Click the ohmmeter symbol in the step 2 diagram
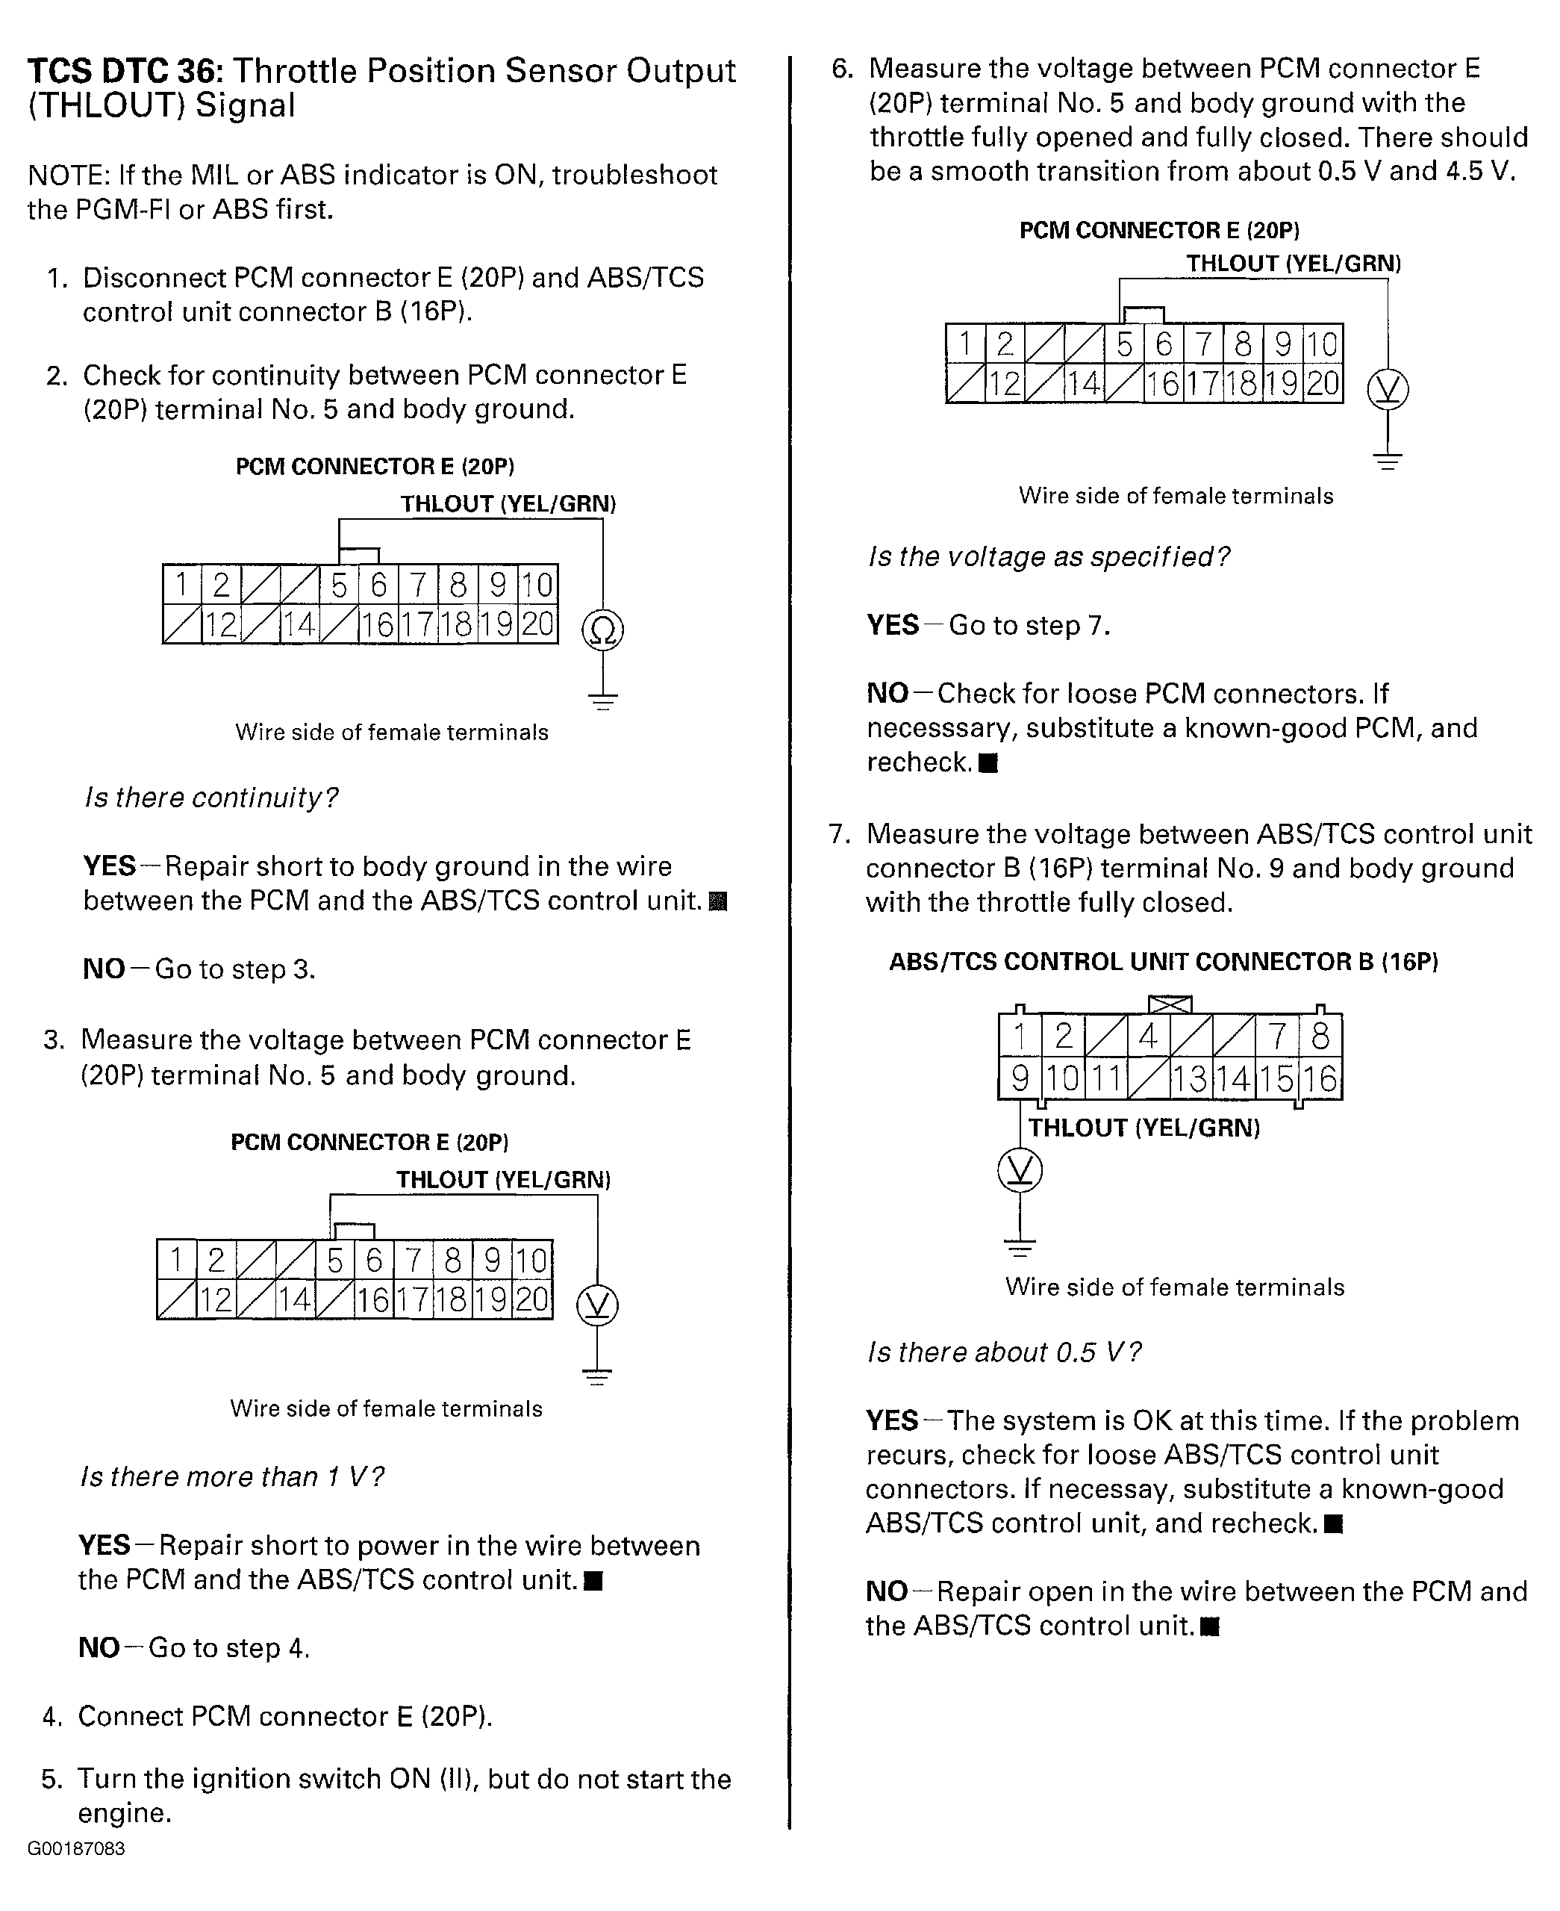coord(603,630)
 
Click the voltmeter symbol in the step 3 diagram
coord(598,1305)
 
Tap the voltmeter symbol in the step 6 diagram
coord(1388,390)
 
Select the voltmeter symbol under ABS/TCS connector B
coord(1020,1170)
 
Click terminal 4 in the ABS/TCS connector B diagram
coord(1147,1037)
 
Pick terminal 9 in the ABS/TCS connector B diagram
coord(1020,1078)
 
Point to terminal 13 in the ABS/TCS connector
coord(1190,1078)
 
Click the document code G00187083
coord(76,1849)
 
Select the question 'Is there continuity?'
coord(211,798)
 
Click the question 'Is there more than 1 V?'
coord(232,1477)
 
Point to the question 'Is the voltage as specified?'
coord(1048,557)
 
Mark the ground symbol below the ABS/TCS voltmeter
coord(1020,1248)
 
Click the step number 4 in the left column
coord(52,1717)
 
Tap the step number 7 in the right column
coord(839,834)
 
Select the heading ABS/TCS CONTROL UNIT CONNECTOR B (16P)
coord(1163,962)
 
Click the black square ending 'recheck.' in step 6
coord(988,763)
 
